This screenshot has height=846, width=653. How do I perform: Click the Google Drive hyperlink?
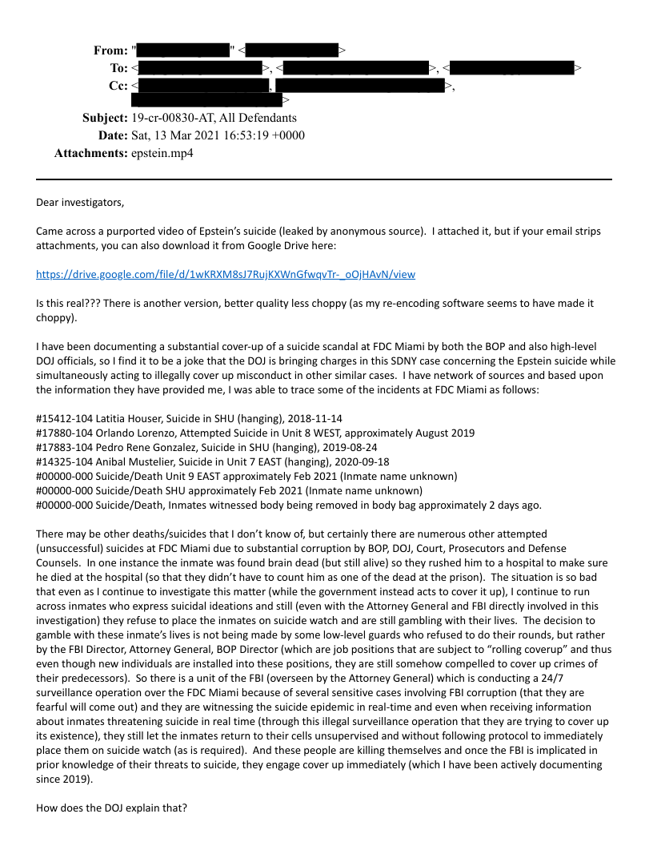[x=226, y=274]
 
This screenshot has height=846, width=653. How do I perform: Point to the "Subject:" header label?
[x=105, y=118]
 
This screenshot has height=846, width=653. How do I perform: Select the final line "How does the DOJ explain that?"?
[x=111, y=808]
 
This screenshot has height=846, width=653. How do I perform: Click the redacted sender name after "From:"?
[x=183, y=50]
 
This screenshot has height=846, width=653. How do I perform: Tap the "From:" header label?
[x=110, y=50]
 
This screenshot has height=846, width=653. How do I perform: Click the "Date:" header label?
[x=113, y=135]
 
